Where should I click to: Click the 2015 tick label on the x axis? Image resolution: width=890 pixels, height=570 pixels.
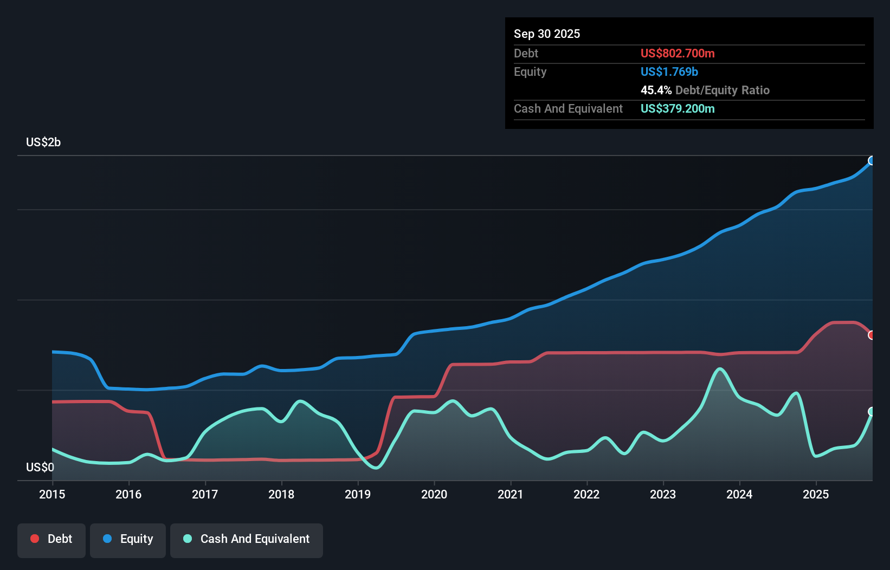coord(52,494)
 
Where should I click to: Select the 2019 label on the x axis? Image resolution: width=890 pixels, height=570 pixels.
coord(358,494)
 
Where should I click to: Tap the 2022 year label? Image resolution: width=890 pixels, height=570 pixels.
coord(586,494)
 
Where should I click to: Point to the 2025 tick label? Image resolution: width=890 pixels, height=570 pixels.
coord(816,494)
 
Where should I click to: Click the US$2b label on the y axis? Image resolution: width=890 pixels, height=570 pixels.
coord(43,142)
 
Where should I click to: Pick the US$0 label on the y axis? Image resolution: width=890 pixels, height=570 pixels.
coord(40,467)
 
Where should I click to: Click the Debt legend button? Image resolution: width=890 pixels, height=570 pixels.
coord(51,539)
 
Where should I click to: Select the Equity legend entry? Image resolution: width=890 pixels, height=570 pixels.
coord(128,539)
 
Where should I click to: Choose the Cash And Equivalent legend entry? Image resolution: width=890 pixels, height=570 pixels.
coord(247,539)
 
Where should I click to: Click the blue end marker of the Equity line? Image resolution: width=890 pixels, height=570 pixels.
coord(872,160)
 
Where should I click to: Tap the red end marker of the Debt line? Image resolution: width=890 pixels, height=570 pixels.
coord(872,335)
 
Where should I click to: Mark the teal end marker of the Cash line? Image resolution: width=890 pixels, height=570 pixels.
coord(872,412)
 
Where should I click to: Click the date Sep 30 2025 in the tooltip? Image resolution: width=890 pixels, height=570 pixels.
coord(547,34)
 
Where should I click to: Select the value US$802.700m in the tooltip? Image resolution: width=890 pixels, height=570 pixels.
coord(678,53)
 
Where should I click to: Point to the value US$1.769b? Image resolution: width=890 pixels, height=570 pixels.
coord(669,72)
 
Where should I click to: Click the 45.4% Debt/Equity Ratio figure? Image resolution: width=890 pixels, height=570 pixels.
coord(705,90)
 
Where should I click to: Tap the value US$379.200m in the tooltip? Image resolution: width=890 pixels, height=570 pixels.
coord(678,109)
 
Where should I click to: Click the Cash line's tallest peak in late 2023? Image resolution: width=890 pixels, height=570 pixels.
coord(719,369)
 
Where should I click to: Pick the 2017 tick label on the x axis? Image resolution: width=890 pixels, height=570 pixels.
coord(205,494)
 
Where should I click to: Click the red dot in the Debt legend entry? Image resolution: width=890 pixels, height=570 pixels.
coord(35,539)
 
